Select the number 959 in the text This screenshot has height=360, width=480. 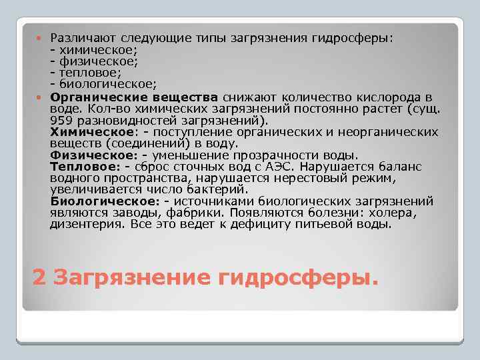point(61,121)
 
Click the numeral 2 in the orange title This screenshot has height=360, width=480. point(39,276)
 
